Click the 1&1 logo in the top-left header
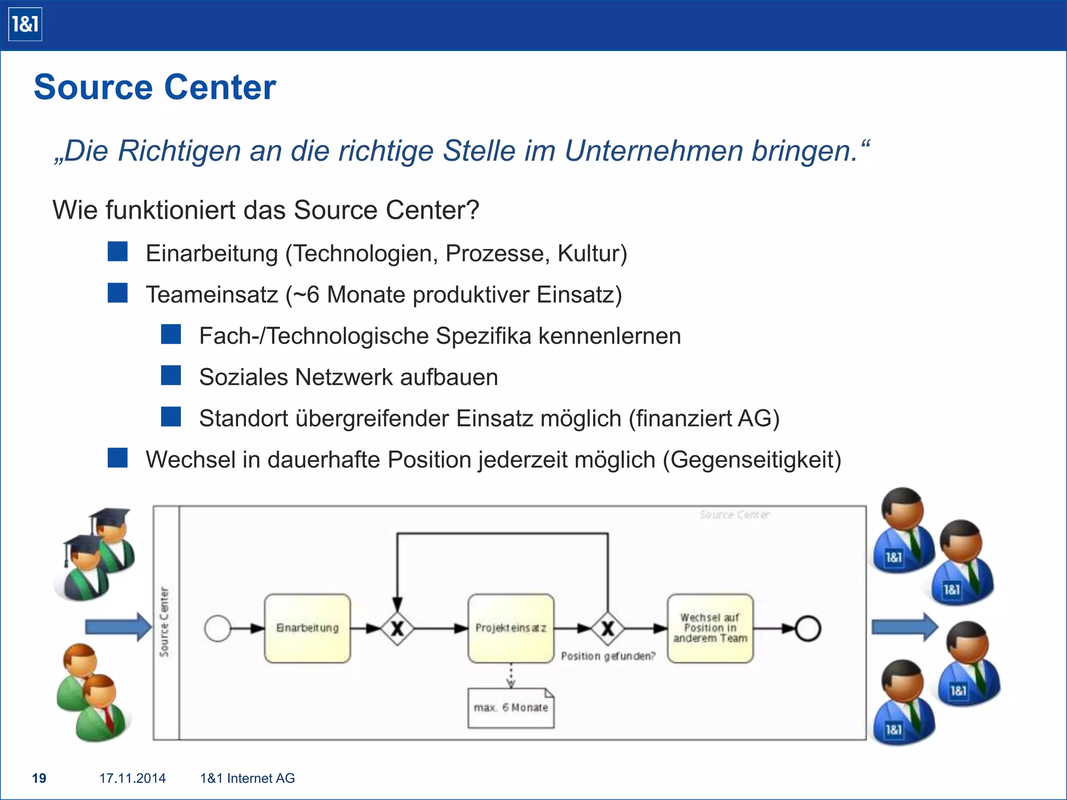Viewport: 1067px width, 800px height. click(25, 24)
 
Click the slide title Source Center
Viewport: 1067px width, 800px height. click(155, 87)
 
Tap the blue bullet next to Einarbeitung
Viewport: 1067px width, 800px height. click(118, 251)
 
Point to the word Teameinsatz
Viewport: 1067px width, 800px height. click(212, 295)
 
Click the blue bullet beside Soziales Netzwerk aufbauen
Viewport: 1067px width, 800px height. click(171, 375)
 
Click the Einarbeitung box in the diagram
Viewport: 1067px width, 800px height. click(307, 628)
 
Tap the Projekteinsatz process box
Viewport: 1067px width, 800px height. click(511, 628)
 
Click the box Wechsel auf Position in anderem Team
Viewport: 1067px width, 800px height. click(710, 628)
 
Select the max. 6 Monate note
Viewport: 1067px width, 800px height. click(511, 708)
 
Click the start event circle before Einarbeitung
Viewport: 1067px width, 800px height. click(218, 628)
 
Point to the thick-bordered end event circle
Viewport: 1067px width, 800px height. click(808, 628)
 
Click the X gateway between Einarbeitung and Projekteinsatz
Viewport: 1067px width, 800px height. click(398, 629)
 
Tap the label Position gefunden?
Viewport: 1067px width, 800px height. click(608, 656)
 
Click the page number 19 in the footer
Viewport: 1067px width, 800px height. click(39, 778)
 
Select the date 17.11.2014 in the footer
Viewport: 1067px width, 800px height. click(132, 778)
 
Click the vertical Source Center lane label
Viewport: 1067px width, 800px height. click(165, 622)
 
